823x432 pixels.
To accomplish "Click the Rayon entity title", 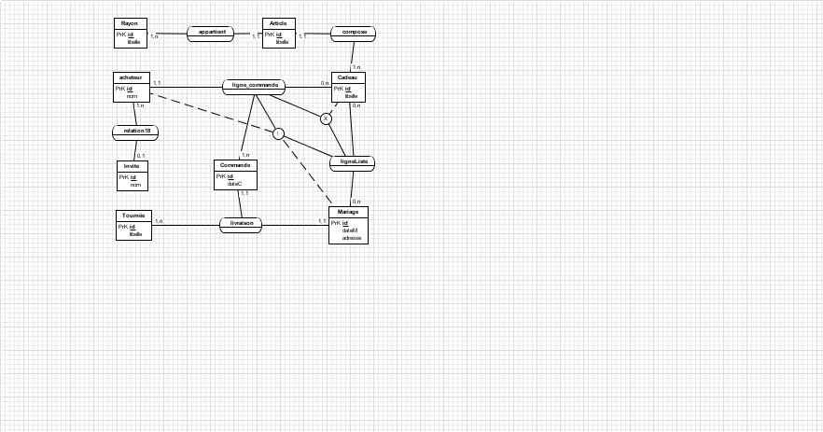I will (129, 22).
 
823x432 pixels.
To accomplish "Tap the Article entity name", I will (278, 22).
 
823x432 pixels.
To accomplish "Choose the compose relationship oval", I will (354, 32).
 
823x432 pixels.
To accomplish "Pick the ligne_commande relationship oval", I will (253, 86).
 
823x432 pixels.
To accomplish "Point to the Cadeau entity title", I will (348, 77).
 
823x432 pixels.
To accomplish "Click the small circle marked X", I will (326, 118).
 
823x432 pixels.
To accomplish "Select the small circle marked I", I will (278, 134).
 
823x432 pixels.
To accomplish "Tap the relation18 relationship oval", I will (136, 131).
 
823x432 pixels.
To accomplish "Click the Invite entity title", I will (132, 165).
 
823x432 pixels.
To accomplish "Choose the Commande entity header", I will (234, 164).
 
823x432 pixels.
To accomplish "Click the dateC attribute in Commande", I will (235, 184).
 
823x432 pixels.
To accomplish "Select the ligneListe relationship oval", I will (353, 161).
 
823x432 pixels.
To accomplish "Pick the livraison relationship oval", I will (241, 224).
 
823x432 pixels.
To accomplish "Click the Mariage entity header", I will (348, 212).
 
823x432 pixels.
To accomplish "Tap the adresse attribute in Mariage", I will (352, 238).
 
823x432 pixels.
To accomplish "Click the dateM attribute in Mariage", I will (350, 230).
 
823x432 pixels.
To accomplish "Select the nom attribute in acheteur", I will (133, 96).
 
